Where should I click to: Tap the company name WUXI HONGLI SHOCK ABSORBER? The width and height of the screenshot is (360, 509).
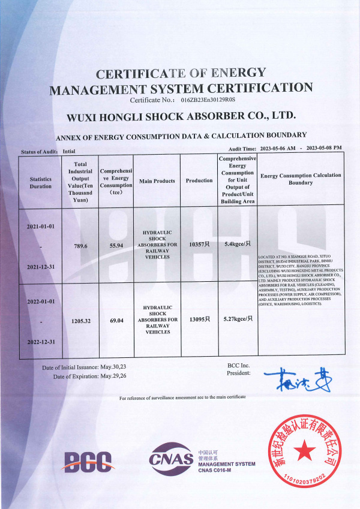click(x=181, y=115)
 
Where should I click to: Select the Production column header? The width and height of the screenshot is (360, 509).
click(x=199, y=180)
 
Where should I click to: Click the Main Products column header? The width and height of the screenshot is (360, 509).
click(x=157, y=180)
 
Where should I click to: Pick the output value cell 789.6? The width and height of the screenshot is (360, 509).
click(x=80, y=246)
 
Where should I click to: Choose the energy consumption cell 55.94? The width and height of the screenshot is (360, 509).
click(x=116, y=246)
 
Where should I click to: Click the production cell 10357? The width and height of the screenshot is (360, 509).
click(x=199, y=245)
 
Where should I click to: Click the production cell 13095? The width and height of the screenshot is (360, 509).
click(x=199, y=319)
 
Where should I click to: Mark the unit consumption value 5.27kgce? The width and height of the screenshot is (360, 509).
click(x=238, y=319)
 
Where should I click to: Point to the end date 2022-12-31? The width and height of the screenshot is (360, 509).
click(x=41, y=342)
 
